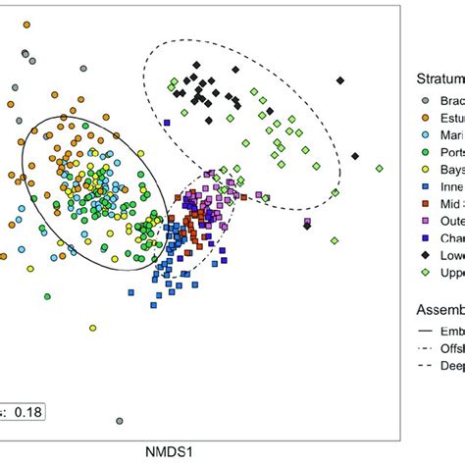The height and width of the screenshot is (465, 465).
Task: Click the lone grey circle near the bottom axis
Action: pos(120,420)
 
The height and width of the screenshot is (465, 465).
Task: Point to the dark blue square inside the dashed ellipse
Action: pos(168,123)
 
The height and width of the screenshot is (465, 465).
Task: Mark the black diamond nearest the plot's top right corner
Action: pos(339,81)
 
